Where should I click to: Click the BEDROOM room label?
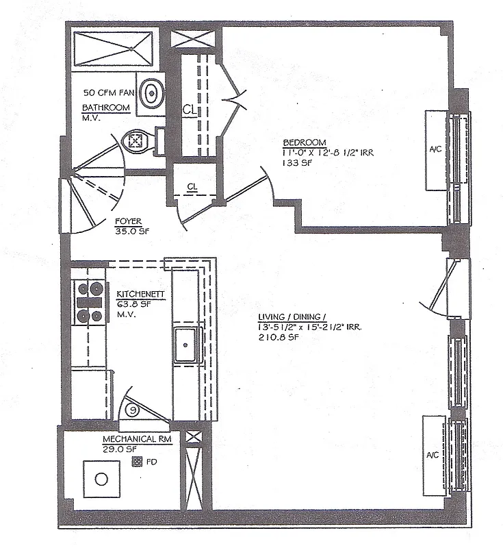tap(302, 142)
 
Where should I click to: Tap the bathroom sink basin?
tap(151, 92)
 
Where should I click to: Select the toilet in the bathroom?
tap(135, 141)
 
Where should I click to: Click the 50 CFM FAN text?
tap(107, 92)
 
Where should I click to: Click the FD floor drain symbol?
tap(136, 462)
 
